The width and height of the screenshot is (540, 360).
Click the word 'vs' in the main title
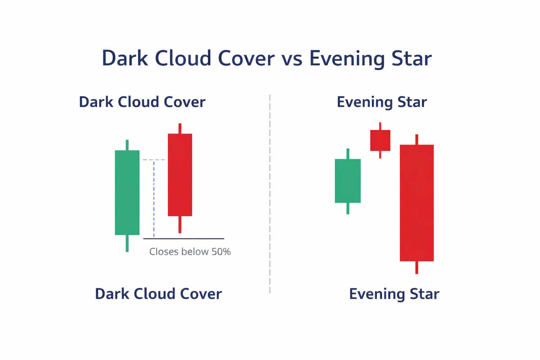point(292,59)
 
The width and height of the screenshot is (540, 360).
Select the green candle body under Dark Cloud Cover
point(127,192)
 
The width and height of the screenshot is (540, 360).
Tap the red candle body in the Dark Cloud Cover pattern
point(180,175)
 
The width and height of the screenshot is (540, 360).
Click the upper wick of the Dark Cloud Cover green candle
point(127,145)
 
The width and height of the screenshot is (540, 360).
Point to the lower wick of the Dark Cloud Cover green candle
point(127,243)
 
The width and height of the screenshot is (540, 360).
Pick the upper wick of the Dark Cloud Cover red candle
point(180,129)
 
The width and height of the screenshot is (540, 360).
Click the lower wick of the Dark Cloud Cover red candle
point(180,225)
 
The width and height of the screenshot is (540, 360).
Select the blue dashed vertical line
point(154,199)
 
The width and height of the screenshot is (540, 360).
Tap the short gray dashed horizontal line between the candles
point(154,160)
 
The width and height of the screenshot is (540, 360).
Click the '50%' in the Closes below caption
point(221,252)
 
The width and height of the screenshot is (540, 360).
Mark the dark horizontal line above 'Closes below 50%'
point(184,239)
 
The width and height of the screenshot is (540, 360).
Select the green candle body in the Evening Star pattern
point(348,181)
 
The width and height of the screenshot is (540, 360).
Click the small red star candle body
point(380,141)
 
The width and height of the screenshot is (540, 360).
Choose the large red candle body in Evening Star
point(416,203)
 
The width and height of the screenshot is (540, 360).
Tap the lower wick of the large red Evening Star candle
point(416,268)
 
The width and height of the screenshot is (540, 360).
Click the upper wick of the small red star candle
point(380,126)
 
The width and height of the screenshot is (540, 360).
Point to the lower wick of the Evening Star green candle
point(348,208)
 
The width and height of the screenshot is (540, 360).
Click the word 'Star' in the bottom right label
point(424,294)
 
